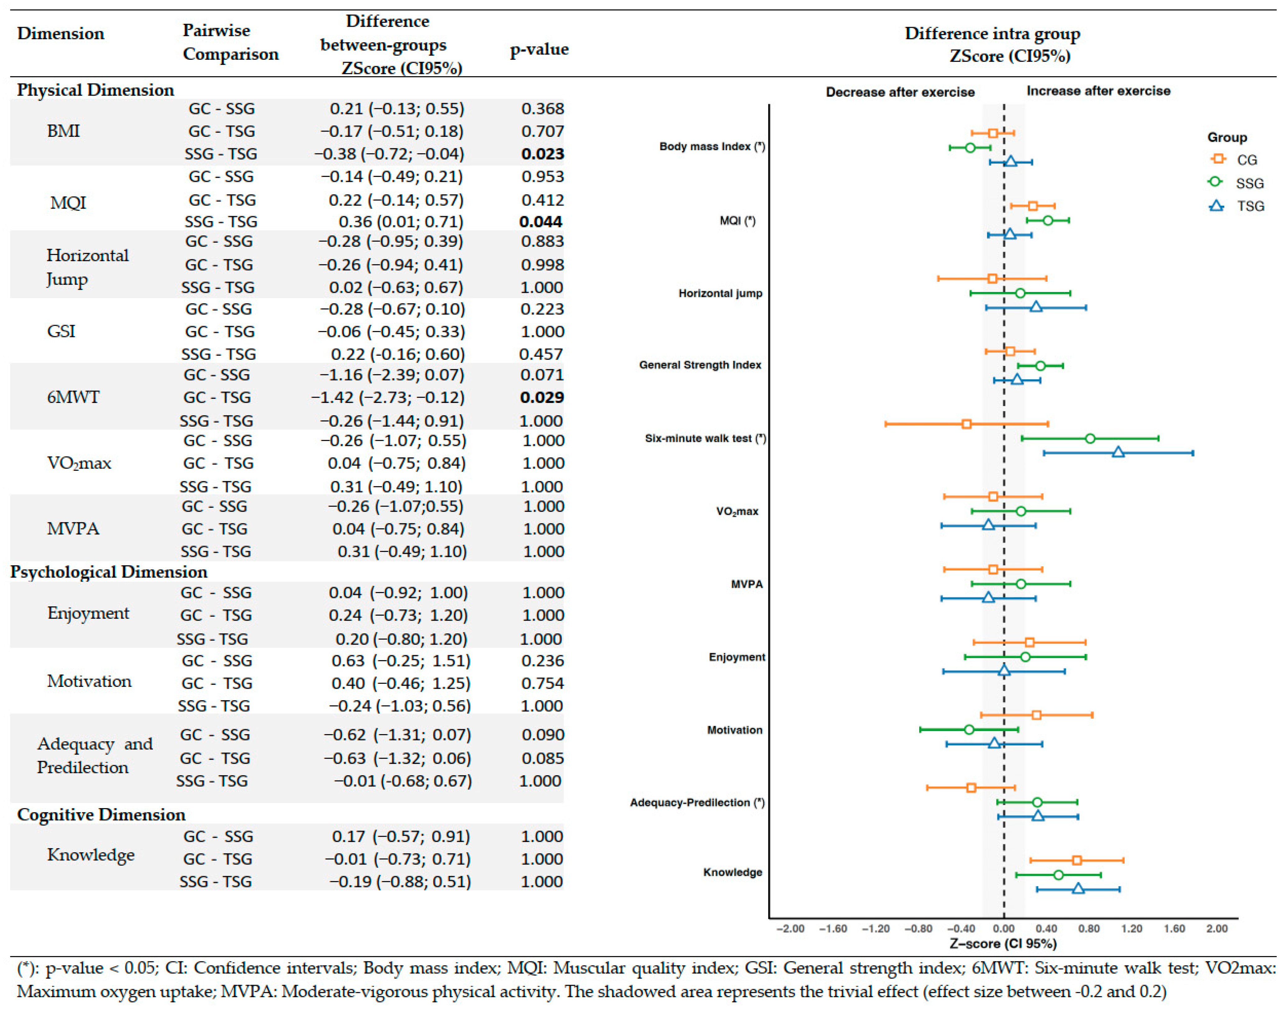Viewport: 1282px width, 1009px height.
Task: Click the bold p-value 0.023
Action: [542, 154]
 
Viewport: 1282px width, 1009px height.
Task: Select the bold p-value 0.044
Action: [540, 222]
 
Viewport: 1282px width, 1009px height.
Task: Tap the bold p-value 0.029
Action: [542, 398]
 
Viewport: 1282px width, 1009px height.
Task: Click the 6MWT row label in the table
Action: [73, 397]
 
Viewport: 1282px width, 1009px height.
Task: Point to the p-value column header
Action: [538, 49]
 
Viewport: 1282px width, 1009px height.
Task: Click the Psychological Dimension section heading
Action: [109, 572]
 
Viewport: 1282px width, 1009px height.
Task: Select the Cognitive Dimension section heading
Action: [101, 815]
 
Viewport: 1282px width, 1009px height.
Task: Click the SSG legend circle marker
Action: [1215, 182]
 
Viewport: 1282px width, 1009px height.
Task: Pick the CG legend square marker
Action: [1216, 159]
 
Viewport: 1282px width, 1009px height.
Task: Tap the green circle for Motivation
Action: [968, 729]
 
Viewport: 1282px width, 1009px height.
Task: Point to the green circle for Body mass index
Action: [970, 147]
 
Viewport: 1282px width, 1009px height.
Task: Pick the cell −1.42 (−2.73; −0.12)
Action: [387, 398]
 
